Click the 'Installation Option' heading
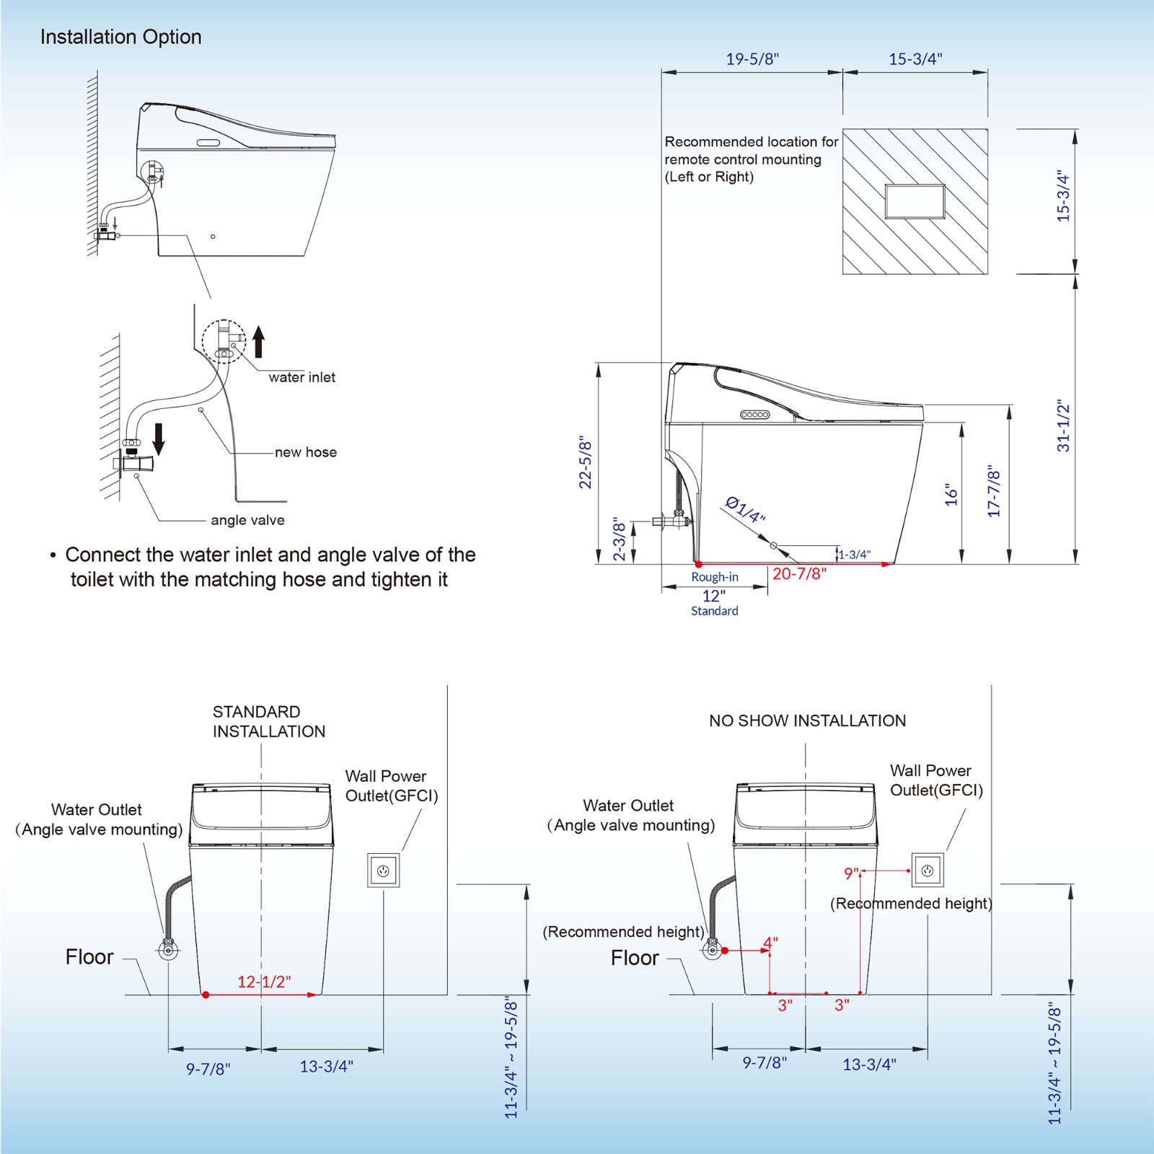[x=120, y=37]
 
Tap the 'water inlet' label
[x=301, y=377]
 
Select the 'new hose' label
[x=305, y=452]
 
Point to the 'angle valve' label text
[x=247, y=520]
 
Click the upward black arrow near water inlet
[x=258, y=342]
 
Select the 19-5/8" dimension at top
[x=752, y=59]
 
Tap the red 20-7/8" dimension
[x=799, y=574]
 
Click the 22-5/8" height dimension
[x=586, y=462]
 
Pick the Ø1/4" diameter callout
[x=744, y=510]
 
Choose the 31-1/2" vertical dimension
[x=1063, y=426]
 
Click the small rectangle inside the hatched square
[x=915, y=201]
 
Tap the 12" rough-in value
[x=713, y=596]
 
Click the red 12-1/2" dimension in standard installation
[x=264, y=982]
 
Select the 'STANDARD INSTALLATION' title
[x=268, y=721]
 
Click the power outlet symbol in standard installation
[x=383, y=871]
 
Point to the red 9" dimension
[x=851, y=873]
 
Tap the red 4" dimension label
[x=770, y=943]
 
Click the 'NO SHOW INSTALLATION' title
[x=807, y=721]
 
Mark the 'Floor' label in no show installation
[x=634, y=958]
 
